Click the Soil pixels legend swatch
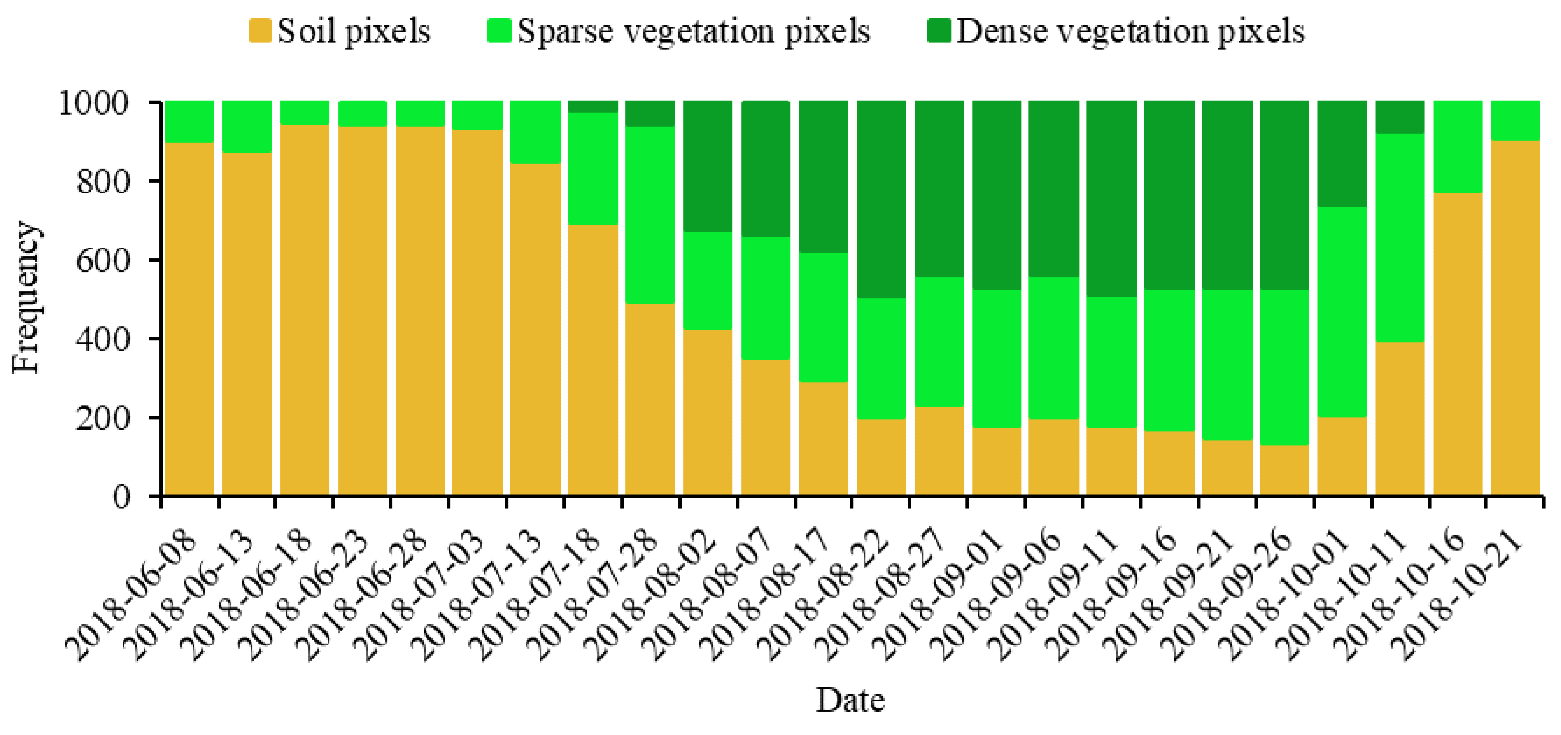click(259, 30)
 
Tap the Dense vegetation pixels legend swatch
click(939, 30)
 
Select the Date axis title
click(850, 700)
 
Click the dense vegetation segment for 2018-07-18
click(593, 107)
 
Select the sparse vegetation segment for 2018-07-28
click(650, 215)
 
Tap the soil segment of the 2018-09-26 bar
click(1284, 470)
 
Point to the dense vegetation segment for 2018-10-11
click(1400, 117)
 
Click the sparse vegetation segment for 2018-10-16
click(1457, 147)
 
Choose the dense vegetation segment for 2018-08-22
click(881, 200)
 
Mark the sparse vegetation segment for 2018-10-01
click(1342, 312)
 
